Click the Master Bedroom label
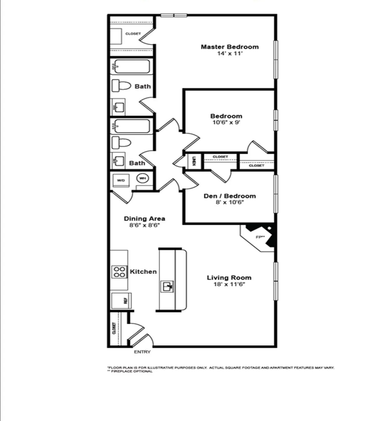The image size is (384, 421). [229, 47]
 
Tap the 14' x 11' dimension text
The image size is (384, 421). [230, 54]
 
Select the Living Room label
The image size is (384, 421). [229, 278]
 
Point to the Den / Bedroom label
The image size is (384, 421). [229, 196]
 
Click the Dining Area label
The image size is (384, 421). [144, 218]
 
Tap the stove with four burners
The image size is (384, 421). [119, 272]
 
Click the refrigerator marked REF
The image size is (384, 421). [121, 300]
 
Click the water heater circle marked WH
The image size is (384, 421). [142, 178]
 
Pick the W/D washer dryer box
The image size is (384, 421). [121, 180]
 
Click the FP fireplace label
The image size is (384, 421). [260, 237]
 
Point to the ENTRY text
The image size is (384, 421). [142, 352]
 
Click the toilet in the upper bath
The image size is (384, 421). [121, 86]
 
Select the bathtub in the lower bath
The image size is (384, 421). [130, 126]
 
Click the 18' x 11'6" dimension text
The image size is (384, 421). [229, 284]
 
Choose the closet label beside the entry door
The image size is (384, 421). [114, 328]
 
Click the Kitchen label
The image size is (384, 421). [143, 272]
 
